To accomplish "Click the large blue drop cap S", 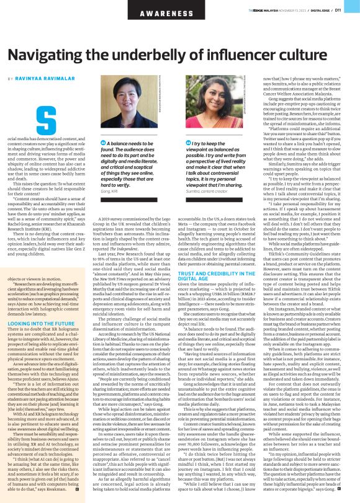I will coord(46,118).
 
